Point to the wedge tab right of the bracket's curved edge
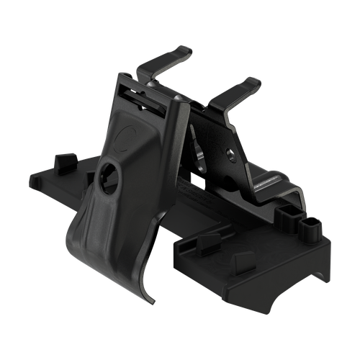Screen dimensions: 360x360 207,240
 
